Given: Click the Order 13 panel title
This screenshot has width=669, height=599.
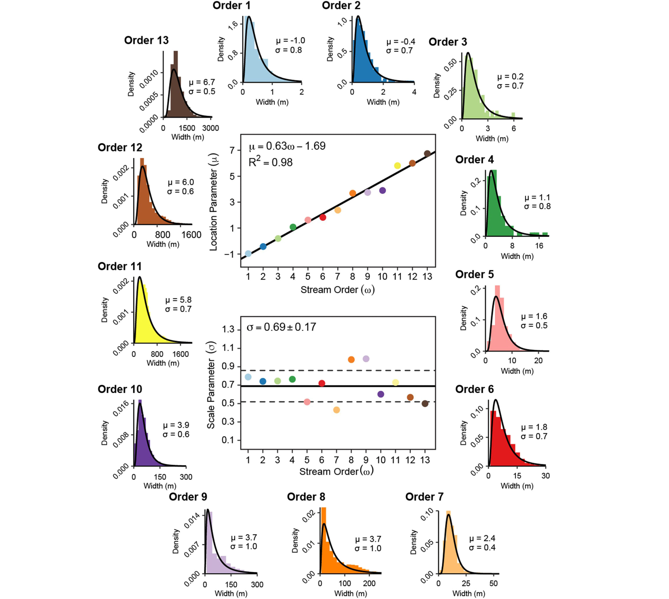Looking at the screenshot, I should (146, 40).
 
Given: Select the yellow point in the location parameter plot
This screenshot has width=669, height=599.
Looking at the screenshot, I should (397, 166).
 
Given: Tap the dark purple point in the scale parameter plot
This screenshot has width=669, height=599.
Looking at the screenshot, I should (381, 394).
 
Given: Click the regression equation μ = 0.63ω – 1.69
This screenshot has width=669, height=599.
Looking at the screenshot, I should (287, 146).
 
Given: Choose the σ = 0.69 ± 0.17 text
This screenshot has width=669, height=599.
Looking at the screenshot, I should (281, 327).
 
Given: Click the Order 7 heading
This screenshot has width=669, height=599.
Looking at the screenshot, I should (424, 497).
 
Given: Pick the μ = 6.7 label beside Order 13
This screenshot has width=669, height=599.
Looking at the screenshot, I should (202, 82).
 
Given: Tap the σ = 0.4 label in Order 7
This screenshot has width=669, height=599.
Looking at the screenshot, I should (482, 547).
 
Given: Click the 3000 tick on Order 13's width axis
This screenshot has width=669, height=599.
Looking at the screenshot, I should (210, 128).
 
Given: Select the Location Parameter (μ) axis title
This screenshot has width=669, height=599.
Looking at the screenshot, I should (214, 202).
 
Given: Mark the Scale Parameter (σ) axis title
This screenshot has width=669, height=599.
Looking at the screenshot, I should (211, 385).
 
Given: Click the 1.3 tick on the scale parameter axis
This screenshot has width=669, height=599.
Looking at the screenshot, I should (228, 330).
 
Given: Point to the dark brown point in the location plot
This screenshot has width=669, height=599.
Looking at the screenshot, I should (427, 154).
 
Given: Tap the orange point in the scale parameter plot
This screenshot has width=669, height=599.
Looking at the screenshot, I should (351, 360).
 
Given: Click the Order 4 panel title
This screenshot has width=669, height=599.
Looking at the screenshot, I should (474, 160).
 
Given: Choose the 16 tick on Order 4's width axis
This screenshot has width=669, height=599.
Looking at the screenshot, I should (539, 246).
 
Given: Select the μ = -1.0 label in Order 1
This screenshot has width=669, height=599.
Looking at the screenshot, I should (290, 41).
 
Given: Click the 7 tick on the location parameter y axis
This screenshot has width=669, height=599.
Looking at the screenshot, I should (232, 151).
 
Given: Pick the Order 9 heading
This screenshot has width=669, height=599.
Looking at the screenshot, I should (188, 497).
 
